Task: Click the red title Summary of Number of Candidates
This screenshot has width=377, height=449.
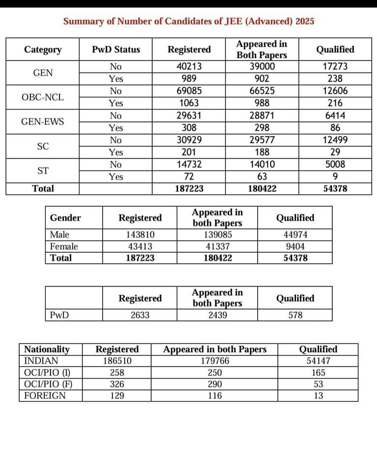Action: pyautogui.click(x=189, y=22)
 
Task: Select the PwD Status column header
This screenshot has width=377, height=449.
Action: pyautogui.click(x=116, y=50)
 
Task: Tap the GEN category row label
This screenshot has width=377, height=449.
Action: pyautogui.click(x=43, y=73)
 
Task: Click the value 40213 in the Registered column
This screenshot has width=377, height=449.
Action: pyautogui.click(x=189, y=67)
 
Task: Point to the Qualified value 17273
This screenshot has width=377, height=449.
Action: pyautogui.click(x=335, y=67)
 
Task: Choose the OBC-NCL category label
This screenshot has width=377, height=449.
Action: pyautogui.click(x=43, y=97)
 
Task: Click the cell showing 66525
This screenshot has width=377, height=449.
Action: pyautogui.click(x=261, y=91)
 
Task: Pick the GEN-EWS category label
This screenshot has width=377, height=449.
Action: pyautogui.click(x=43, y=122)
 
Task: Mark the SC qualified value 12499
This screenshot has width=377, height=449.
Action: pyautogui.click(x=335, y=140)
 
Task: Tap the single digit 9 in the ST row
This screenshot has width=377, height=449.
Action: pyautogui.click(x=335, y=176)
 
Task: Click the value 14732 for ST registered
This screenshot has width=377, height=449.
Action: pyautogui.click(x=189, y=165)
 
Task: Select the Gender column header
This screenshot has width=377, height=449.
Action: pyautogui.click(x=65, y=218)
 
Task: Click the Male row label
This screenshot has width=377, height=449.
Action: pyautogui.click(x=59, y=235)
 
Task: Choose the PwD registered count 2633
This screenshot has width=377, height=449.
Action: pyautogui.click(x=140, y=315)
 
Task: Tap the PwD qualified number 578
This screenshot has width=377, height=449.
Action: pyautogui.click(x=295, y=315)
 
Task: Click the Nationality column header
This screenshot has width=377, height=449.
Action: pyautogui.click(x=47, y=349)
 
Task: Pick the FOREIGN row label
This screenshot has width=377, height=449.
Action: pyautogui.click(x=45, y=396)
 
